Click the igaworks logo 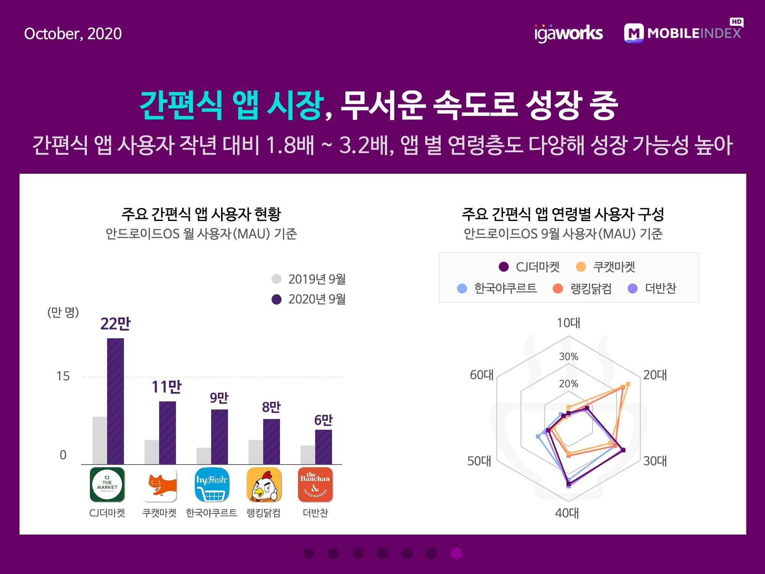point(568,33)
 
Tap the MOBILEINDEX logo point(683,33)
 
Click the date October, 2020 point(73,34)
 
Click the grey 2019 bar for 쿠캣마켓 point(151,452)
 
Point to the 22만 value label point(116,324)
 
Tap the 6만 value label point(323,420)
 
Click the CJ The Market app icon point(107,484)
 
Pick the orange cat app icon point(160,484)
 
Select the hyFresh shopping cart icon point(212,484)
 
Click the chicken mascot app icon point(264,484)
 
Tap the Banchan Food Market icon point(315,484)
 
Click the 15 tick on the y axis point(63,376)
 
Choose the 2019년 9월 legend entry point(309,279)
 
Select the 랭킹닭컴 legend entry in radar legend point(583,288)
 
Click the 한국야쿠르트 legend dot point(462,288)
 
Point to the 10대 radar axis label point(568,323)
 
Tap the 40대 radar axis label point(567,513)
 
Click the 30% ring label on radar point(568,357)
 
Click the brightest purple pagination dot point(456,553)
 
